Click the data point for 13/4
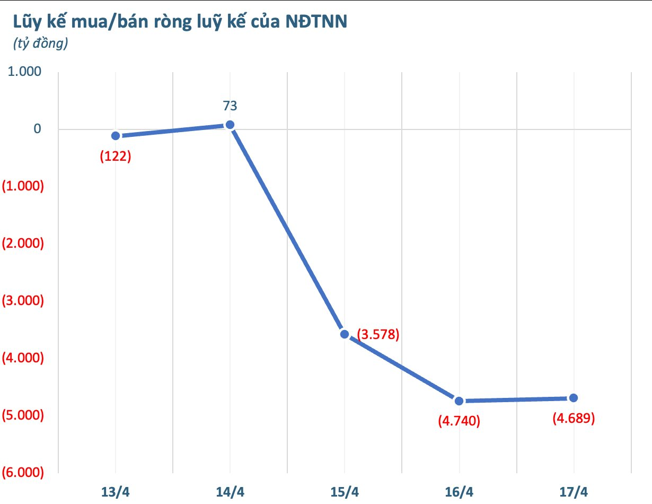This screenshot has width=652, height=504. click(x=116, y=136)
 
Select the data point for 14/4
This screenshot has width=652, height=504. click(x=230, y=125)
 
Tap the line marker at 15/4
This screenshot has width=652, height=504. click(x=345, y=334)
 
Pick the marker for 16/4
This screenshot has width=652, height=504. click(x=459, y=401)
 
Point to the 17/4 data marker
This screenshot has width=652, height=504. click(x=574, y=398)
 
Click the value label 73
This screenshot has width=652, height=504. click(x=230, y=106)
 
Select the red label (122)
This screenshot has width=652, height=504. click(x=116, y=157)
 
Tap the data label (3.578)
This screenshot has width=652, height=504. click(x=378, y=335)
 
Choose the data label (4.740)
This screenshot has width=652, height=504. click(x=459, y=421)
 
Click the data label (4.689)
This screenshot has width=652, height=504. click(x=574, y=418)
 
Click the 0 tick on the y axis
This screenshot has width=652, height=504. click(x=36, y=129)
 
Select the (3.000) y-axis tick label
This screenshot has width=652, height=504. click(x=23, y=301)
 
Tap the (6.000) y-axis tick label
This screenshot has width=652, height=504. click(x=23, y=473)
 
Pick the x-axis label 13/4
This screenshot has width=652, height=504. click(x=116, y=491)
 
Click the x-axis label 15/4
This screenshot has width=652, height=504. click(x=345, y=491)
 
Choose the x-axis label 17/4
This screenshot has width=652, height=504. click(x=574, y=491)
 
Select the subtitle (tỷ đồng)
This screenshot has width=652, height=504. click(x=40, y=44)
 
